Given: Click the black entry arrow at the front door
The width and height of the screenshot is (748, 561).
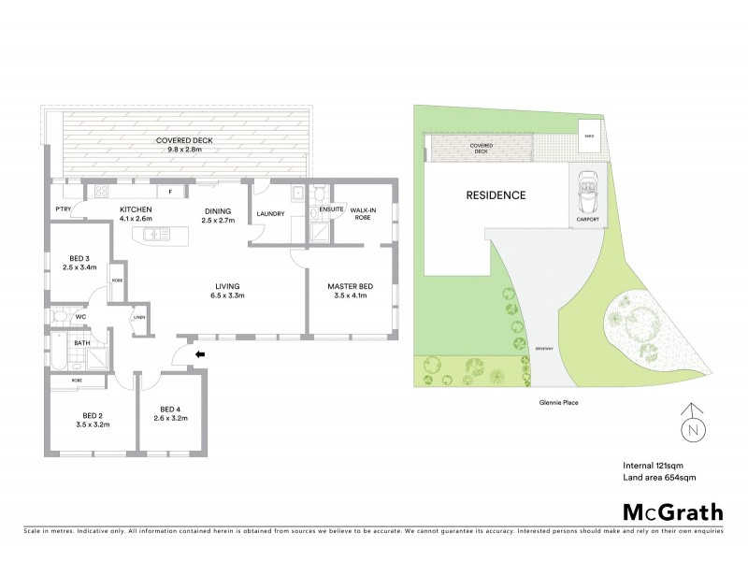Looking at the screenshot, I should (199, 354).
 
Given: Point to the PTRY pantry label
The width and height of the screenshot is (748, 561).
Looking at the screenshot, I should (64, 209).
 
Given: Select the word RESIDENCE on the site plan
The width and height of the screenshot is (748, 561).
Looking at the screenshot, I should (496, 195).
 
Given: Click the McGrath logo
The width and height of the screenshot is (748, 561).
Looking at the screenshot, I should (671, 511).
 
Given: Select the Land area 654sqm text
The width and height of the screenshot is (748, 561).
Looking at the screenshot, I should (660, 478).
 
